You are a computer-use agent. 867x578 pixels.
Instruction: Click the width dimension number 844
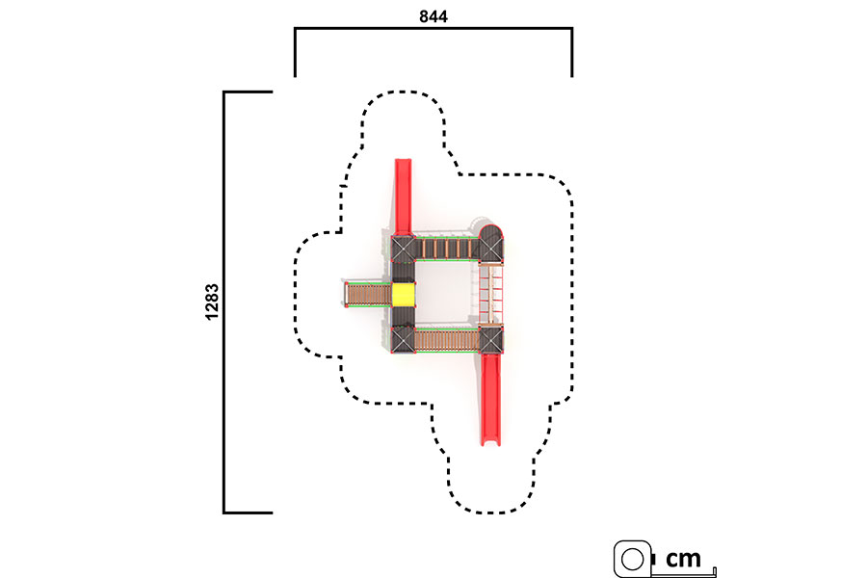tap(433, 16)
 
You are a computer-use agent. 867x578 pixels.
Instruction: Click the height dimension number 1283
tap(212, 302)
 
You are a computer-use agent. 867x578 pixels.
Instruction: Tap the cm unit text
tap(683, 559)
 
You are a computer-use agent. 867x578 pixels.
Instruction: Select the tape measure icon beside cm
tap(634, 559)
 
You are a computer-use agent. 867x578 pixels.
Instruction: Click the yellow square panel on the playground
tap(404, 294)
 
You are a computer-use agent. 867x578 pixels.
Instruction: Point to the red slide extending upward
tap(403, 197)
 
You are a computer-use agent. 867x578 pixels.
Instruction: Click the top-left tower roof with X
tap(403, 249)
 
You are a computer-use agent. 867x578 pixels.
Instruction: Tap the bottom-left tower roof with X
tap(403, 340)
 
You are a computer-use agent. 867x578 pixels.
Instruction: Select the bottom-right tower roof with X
tap(490, 339)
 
